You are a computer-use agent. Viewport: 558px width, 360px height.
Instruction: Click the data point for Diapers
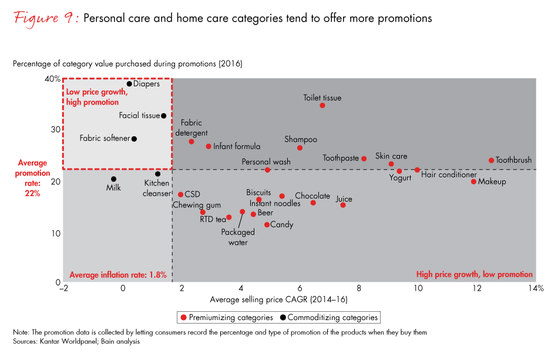(129, 84)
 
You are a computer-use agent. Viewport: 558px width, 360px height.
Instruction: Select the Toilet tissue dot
(322, 106)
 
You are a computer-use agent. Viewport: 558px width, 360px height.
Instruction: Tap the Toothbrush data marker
(492, 160)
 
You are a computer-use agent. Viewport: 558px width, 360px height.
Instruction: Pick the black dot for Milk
(113, 179)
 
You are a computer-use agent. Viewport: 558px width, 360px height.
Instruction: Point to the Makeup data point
(473, 181)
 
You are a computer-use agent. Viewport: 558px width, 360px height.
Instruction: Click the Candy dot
(267, 225)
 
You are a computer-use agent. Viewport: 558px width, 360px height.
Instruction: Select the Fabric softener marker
(134, 139)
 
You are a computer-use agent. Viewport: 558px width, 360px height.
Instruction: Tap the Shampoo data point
(300, 148)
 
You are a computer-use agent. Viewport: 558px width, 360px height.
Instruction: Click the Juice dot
(343, 205)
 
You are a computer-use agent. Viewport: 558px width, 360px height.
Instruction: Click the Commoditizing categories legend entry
(332, 318)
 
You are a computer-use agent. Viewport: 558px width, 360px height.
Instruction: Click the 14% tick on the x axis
(536, 288)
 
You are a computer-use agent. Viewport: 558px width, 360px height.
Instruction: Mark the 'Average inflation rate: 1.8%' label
(118, 274)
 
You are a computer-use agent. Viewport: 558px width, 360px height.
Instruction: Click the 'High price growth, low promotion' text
(474, 274)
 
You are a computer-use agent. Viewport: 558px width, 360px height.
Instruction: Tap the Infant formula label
(237, 146)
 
